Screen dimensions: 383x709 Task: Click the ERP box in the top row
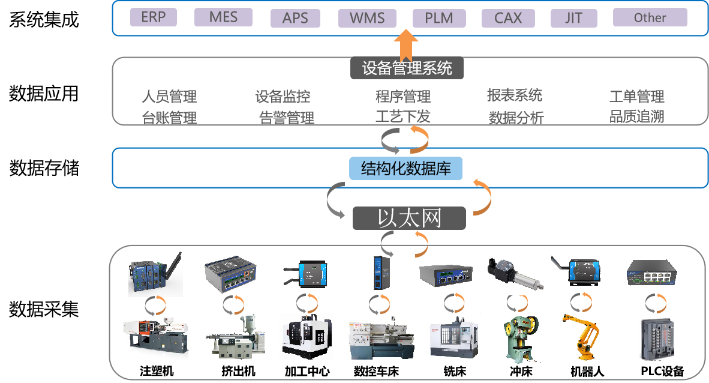153,17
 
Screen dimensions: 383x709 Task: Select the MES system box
223,17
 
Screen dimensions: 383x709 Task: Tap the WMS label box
366,18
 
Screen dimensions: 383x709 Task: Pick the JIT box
573,18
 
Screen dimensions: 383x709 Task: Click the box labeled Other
650,17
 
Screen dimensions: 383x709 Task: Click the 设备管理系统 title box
407,68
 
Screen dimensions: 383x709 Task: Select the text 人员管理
169,96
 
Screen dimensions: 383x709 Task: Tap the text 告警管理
287,118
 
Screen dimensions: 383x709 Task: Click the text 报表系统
514,95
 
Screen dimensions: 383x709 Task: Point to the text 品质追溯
636,116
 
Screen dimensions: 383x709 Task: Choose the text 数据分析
516,118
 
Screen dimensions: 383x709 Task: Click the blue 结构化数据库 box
405,169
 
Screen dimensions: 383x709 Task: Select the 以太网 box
409,218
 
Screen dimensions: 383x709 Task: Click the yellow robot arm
580,337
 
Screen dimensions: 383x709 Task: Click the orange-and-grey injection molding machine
155,337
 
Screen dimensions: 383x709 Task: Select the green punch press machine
520,339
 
